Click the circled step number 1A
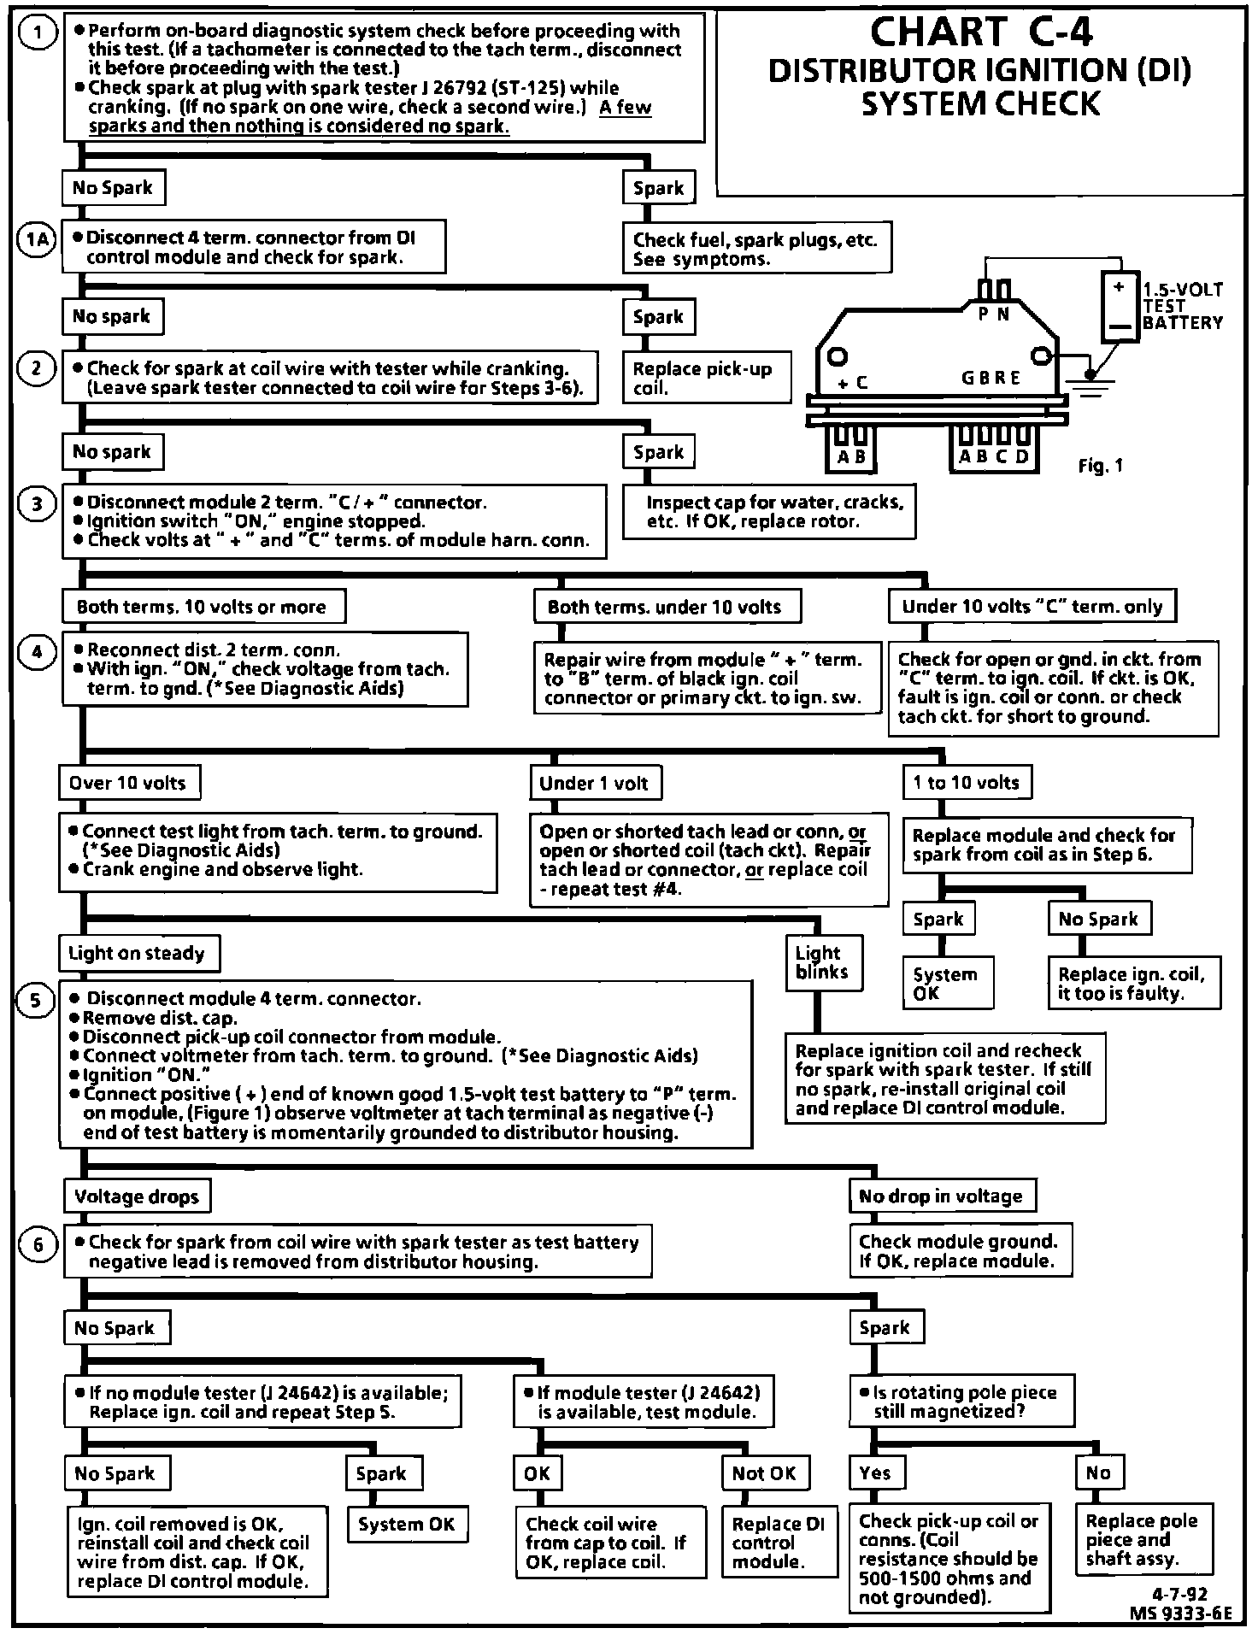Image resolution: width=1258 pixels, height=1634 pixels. pos(36,240)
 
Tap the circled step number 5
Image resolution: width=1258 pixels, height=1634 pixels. pos(35,1001)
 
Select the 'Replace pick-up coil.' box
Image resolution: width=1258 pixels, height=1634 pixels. pos(706,379)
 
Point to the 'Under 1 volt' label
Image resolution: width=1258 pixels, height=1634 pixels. pos(594,783)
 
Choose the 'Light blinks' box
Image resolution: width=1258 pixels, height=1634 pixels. pos(823,962)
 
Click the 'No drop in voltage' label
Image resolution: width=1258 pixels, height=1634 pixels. pos(942,1196)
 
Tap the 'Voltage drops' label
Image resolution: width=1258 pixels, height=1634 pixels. pos(137,1196)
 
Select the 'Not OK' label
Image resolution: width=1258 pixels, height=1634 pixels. pos(764,1473)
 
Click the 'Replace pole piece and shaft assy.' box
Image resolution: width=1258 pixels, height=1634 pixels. pos(1143,1540)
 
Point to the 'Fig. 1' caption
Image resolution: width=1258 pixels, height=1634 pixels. pos(1101,466)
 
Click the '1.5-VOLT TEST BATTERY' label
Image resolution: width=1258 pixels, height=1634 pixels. pos(1183,306)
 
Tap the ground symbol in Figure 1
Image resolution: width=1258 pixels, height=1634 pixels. pos(1088,383)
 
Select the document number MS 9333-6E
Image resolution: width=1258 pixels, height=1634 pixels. pos(1180,1613)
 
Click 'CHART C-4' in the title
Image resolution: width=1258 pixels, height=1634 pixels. pos(981,32)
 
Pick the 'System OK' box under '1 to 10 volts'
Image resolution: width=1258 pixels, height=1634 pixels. pos(948,984)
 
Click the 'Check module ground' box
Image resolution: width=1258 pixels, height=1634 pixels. pos(960,1251)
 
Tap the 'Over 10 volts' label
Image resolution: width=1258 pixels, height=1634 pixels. pos(128,783)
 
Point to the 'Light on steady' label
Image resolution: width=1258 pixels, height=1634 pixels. pos(138,954)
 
